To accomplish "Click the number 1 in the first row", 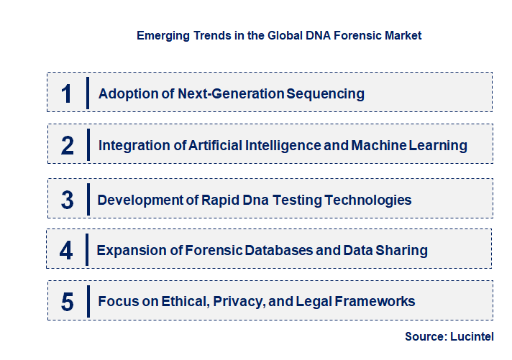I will coord(66,93).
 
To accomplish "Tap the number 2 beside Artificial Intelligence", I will coord(68,146).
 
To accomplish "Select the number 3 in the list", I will coord(68,200).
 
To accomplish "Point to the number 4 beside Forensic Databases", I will coord(67,250).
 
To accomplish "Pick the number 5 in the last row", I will coord(68,301).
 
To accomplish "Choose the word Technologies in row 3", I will coord(368,200).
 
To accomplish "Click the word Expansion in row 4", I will coord(126,250).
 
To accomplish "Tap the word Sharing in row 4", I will coord(404,250).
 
